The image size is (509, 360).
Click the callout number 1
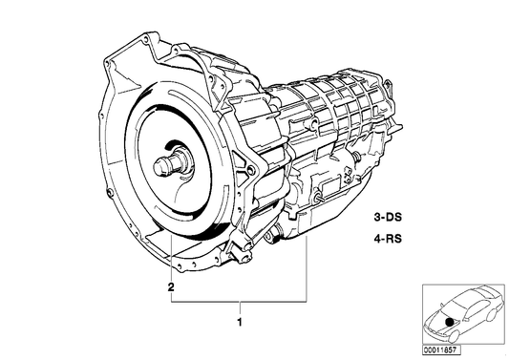[x=240, y=322]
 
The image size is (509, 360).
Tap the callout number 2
[x=170, y=286]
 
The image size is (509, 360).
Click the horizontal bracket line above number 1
[x=240, y=301]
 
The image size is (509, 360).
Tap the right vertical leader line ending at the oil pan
[x=308, y=272]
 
